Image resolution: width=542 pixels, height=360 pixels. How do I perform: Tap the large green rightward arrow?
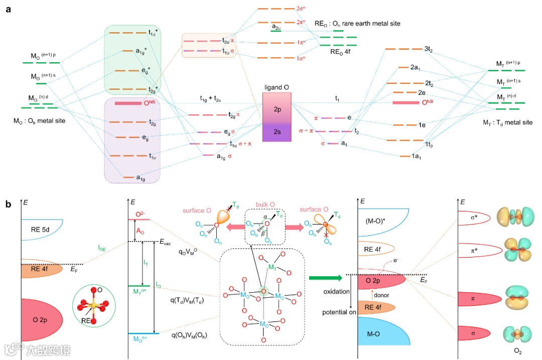point(325,277)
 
